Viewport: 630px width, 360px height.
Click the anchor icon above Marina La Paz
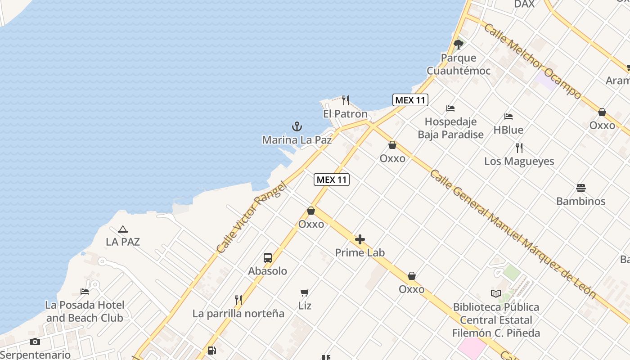click(297, 126)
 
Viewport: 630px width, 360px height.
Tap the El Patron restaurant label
click(345, 114)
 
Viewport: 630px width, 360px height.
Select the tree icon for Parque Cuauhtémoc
click(458, 44)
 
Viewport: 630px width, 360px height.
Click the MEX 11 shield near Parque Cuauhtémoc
click(410, 100)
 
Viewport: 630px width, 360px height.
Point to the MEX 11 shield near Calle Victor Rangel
click(332, 180)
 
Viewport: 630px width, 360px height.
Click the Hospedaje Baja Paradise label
click(450, 128)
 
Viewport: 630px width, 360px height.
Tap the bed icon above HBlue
click(508, 117)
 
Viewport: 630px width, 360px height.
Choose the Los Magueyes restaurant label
click(519, 161)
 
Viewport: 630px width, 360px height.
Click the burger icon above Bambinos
click(580, 188)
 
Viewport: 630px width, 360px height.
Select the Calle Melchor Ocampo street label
click(532, 61)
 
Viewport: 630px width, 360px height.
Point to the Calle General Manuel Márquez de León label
click(513, 234)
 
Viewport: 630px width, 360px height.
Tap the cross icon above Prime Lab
click(360, 239)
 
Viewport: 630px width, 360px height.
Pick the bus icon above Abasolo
click(268, 258)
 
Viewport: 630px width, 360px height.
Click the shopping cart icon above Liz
click(305, 293)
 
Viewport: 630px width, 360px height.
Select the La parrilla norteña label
click(238, 314)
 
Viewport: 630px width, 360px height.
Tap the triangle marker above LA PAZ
click(123, 229)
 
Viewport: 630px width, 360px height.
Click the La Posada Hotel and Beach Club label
click(85, 311)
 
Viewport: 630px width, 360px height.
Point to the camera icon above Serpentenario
click(35, 342)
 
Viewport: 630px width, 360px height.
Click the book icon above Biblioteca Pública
click(496, 294)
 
